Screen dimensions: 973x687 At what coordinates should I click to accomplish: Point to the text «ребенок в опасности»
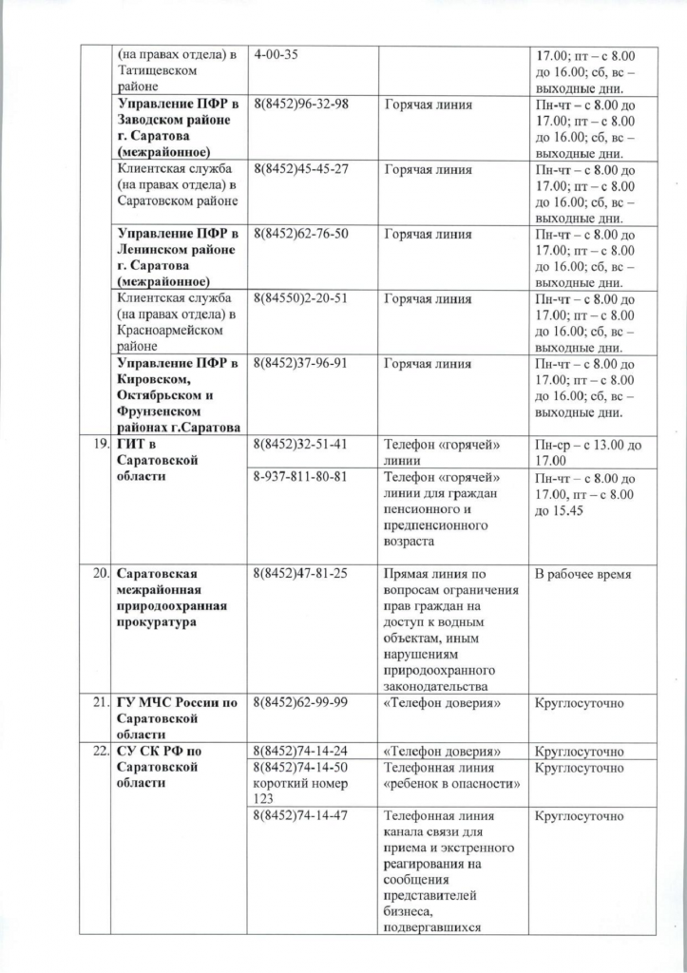click(x=449, y=785)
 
